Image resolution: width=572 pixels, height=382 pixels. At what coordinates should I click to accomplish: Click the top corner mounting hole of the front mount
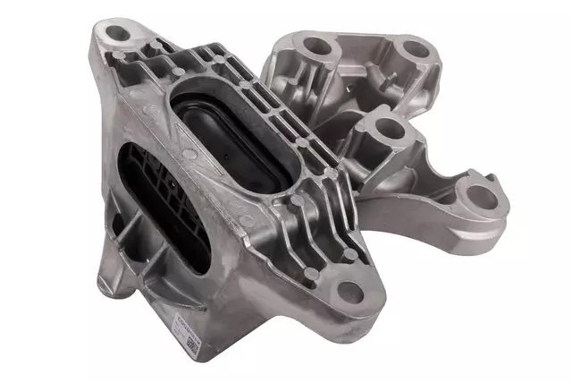click(x=118, y=34)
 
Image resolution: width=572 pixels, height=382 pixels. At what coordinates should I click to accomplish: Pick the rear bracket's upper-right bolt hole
click(x=414, y=48)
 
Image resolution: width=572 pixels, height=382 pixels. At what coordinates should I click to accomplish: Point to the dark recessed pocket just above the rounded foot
click(x=125, y=246)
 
